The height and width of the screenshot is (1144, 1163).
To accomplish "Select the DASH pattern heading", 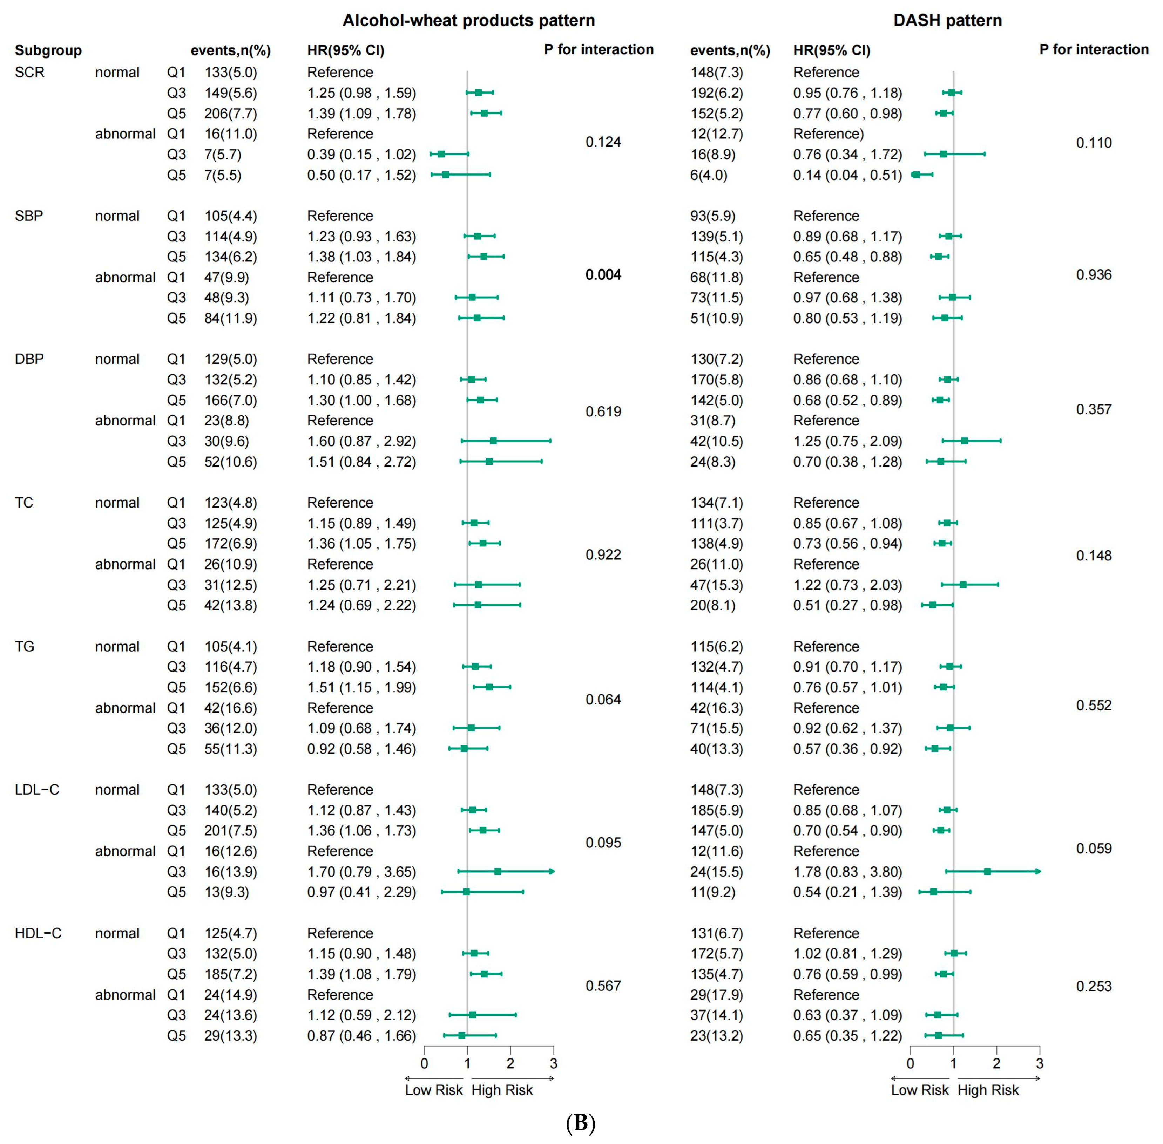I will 947,20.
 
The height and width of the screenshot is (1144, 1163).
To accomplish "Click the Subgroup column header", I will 48,50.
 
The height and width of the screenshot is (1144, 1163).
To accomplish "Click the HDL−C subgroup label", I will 38,933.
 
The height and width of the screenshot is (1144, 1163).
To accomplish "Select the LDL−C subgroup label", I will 37,790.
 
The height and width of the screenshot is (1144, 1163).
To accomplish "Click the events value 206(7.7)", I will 230,114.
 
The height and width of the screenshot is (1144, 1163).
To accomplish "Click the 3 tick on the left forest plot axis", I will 553,1063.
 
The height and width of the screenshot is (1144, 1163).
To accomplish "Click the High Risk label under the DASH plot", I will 988,1090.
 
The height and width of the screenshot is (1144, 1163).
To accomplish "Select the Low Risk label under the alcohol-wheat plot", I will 433,1090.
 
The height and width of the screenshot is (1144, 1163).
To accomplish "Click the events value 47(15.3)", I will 716,585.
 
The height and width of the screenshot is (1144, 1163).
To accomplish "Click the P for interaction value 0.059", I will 1093,849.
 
